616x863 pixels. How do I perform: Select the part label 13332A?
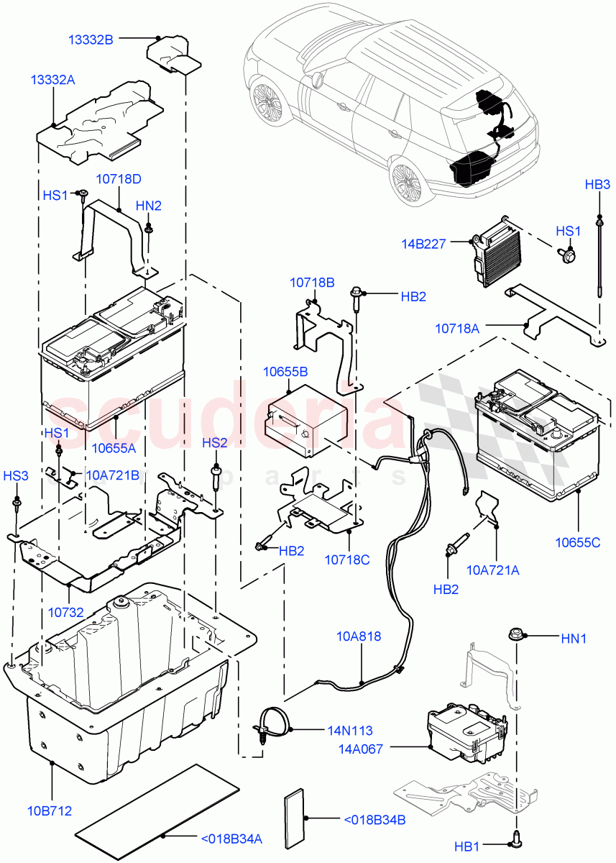point(52,80)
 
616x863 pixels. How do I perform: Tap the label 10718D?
point(119,179)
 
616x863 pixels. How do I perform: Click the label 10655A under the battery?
point(114,449)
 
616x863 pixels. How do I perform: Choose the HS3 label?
point(16,475)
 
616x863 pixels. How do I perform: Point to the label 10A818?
point(359,636)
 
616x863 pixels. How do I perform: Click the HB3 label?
point(597,184)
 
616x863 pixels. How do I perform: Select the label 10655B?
point(285,372)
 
